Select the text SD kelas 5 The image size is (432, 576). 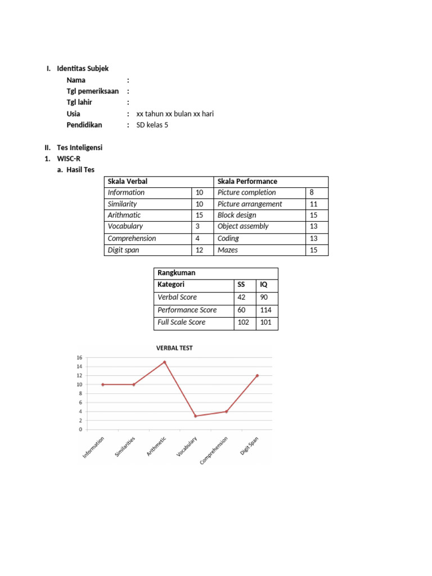tap(152, 125)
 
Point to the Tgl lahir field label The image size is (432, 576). tap(79, 102)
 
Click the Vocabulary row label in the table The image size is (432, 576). tap(125, 226)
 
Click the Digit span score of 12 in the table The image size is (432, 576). tap(199, 250)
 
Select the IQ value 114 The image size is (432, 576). tap(265, 310)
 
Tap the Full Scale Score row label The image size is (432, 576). tap(181, 322)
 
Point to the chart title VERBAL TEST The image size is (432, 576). tap(174, 348)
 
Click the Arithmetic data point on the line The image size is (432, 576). tap(165, 362)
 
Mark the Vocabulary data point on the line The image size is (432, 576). tap(196, 416)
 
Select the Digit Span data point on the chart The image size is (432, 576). tap(258, 376)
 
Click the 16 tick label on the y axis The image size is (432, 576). tap(79, 358)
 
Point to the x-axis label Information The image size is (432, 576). tap(93, 448)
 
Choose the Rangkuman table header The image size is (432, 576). tap(177, 273)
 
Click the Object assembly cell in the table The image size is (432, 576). tap(243, 226)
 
